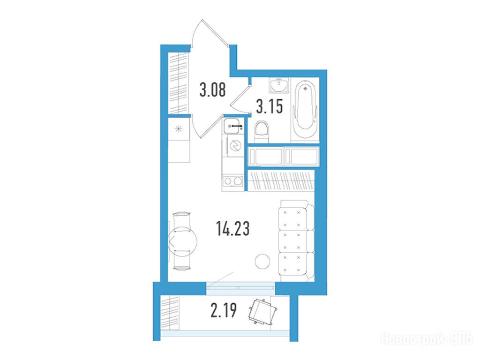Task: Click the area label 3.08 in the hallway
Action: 212,90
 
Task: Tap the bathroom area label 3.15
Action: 270,106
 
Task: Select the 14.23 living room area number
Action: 233,228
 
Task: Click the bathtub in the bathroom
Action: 305,110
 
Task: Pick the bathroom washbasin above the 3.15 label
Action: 278,85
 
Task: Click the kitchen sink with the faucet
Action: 233,126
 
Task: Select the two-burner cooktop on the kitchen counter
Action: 233,181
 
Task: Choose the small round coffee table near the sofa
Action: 262,262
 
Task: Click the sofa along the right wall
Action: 296,240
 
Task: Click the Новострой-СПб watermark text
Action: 426,339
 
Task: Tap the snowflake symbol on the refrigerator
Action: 179,129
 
